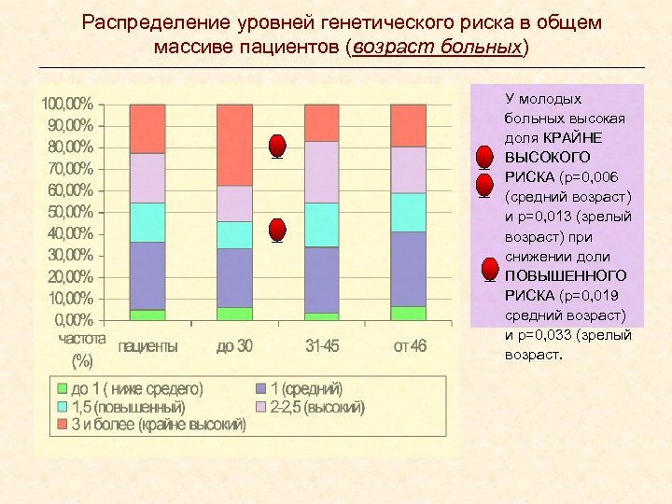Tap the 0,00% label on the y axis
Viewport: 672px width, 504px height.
pos(72,320)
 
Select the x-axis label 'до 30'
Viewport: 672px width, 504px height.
pos(234,346)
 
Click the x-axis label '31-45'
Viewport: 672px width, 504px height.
pos(322,346)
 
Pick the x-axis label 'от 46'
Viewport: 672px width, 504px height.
pos(409,346)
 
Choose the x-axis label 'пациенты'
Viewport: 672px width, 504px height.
pos(147,346)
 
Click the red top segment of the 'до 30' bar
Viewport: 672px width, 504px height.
pos(234,145)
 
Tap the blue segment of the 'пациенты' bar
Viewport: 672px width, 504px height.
pos(147,275)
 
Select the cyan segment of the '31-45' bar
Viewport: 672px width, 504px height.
pos(322,224)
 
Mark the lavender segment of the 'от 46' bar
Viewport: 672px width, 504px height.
pos(409,169)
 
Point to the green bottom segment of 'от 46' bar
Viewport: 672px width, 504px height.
pos(409,314)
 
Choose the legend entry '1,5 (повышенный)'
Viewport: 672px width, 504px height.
pos(128,407)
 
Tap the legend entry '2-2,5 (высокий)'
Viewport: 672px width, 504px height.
pos(315,407)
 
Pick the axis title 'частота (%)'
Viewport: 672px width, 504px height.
pos(81,347)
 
